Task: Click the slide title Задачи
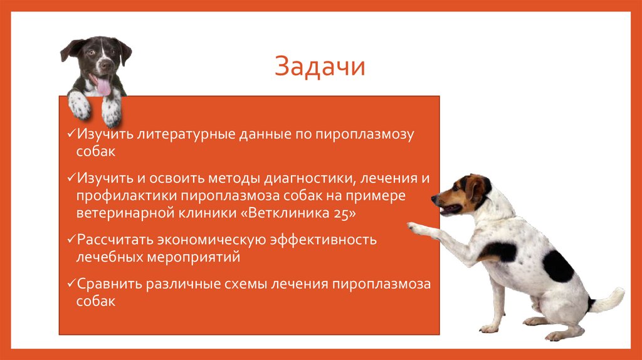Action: (x=320, y=67)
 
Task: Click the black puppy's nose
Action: (x=103, y=64)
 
